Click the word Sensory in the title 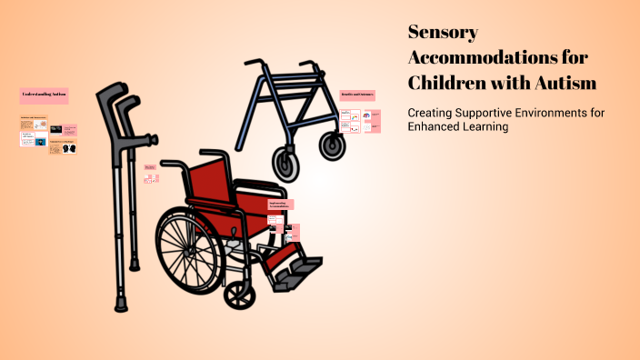443,33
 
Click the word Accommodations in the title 497,57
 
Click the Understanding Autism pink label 44,95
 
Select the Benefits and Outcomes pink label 357,95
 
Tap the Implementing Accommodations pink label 281,205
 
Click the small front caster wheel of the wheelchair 239,293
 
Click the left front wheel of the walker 287,164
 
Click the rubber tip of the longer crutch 120,303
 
